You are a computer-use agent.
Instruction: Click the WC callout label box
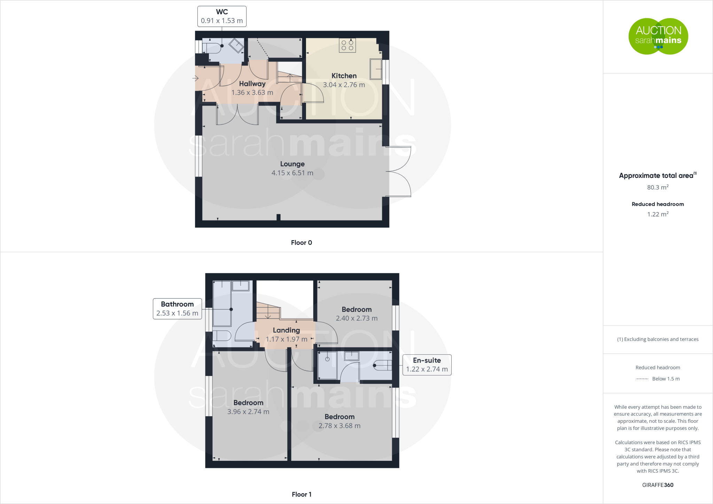click(x=222, y=16)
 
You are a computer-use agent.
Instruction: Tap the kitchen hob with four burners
click(x=347, y=46)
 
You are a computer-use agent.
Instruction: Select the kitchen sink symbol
click(x=376, y=69)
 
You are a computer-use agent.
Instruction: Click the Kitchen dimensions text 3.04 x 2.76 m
click(x=344, y=85)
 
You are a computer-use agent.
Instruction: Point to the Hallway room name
click(x=252, y=84)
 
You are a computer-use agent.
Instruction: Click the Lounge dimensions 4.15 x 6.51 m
click(x=292, y=173)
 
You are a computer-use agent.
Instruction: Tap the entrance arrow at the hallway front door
click(x=195, y=78)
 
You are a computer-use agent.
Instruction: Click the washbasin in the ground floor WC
click(x=236, y=46)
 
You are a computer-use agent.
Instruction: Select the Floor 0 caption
click(x=301, y=243)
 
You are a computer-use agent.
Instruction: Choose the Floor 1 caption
click(x=301, y=494)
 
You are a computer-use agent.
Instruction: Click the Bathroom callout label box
click(x=177, y=309)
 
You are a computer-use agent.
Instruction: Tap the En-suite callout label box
click(x=427, y=365)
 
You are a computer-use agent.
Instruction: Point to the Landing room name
click(x=286, y=330)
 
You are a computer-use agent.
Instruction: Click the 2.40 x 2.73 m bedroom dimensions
click(x=356, y=318)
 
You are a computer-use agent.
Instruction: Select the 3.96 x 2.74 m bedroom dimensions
click(x=248, y=412)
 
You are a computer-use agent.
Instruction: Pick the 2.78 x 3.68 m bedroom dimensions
click(x=339, y=426)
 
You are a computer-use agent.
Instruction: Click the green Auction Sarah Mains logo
click(x=658, y=36)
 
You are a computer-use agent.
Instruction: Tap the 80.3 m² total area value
click(x=658, y=188)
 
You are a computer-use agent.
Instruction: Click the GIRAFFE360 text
click(x=658, y=485)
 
